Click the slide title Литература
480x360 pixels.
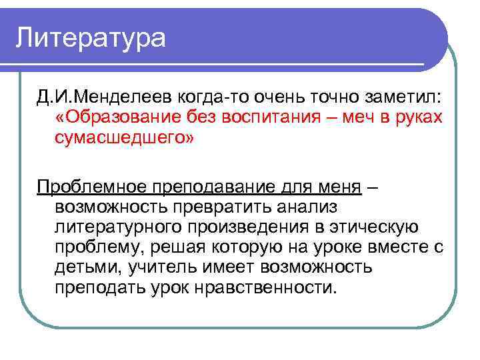91,37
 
